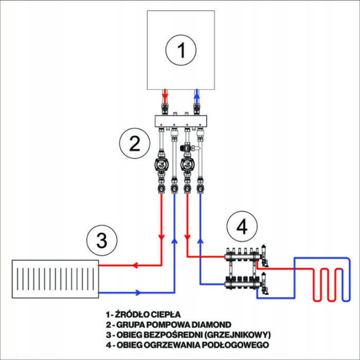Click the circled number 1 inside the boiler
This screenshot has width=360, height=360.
tap(181, 50)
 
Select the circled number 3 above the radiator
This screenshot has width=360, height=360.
tap(102, 240)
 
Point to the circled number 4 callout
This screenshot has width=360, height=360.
tap(242, 226)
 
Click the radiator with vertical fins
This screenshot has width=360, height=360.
tap(55, 279)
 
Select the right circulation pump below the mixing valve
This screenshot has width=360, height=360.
tap(186, 166)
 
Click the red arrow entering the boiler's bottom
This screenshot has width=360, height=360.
tap(165, 96)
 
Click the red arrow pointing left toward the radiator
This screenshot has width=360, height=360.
tap(136, 266)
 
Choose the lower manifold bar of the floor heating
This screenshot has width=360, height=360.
tap(245, 281)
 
